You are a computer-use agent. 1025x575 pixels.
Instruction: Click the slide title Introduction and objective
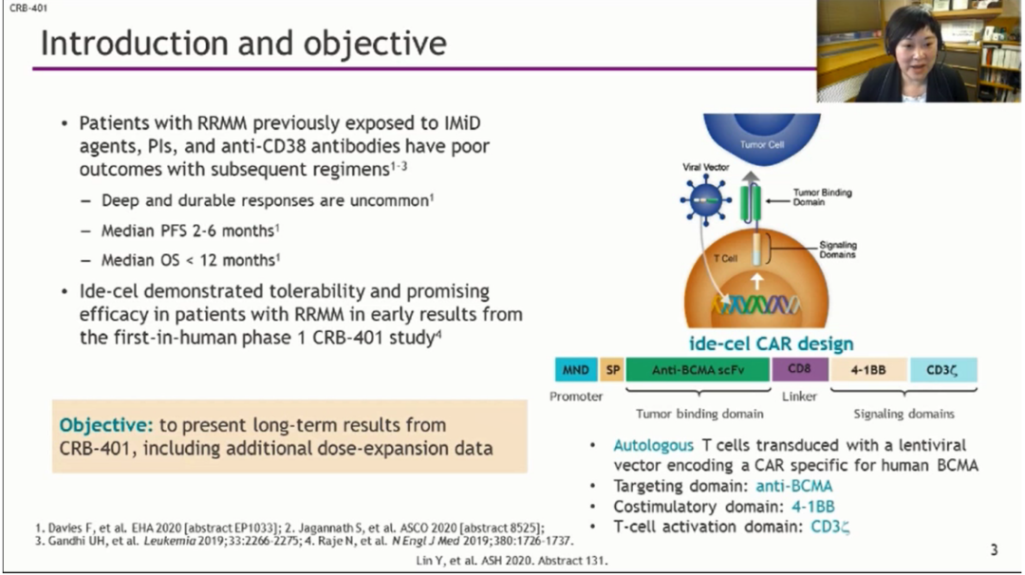coord(243,44)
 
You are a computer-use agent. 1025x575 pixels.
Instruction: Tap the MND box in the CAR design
coord(575,370)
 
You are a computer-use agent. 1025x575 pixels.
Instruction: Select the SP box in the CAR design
coord(612,370)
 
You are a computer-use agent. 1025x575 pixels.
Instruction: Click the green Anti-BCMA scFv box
coord(697,370)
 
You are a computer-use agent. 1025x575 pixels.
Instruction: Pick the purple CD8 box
coord(800,370)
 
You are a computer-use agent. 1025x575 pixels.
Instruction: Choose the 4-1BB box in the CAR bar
coord(868,370)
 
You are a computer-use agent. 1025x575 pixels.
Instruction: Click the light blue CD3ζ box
coord(943,370)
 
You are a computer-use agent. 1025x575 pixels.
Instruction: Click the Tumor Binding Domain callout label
coord(822,197)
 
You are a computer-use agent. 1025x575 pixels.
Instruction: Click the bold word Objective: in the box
coord(99,425)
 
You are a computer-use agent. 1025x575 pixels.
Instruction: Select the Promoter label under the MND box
coord(575,396)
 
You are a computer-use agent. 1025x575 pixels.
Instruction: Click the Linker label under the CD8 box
coord(799,396)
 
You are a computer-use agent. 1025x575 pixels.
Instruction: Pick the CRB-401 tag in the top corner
coord(23,8)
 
